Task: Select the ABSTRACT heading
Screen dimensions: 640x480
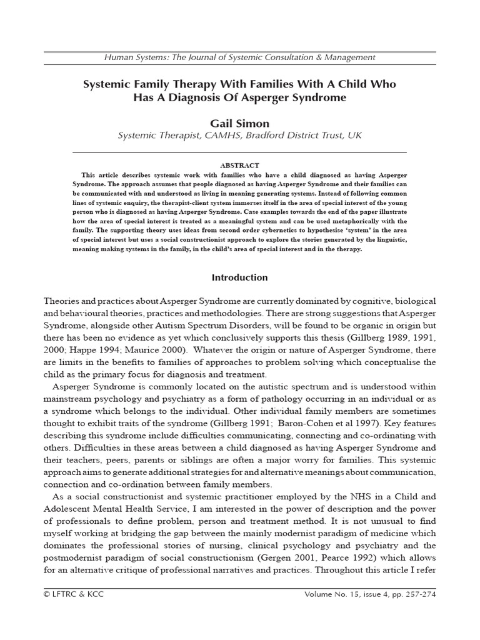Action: [239, 165]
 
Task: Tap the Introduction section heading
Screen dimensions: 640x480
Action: [239, 277]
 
